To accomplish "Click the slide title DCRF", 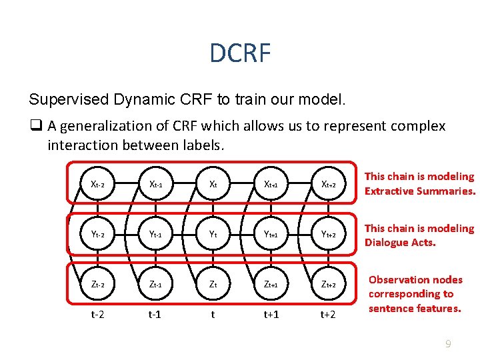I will coord(240,53).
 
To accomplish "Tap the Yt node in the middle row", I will coord(213,234).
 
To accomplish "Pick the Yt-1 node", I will coord(156,234).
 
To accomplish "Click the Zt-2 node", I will coord(98,284).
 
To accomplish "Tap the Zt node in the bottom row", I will coord(213,284).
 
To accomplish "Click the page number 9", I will coord(448,344).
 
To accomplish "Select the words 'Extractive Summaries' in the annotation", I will coord(420,191).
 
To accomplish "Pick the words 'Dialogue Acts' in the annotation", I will coord(400,242).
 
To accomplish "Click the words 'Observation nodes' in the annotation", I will coord(416,280).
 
